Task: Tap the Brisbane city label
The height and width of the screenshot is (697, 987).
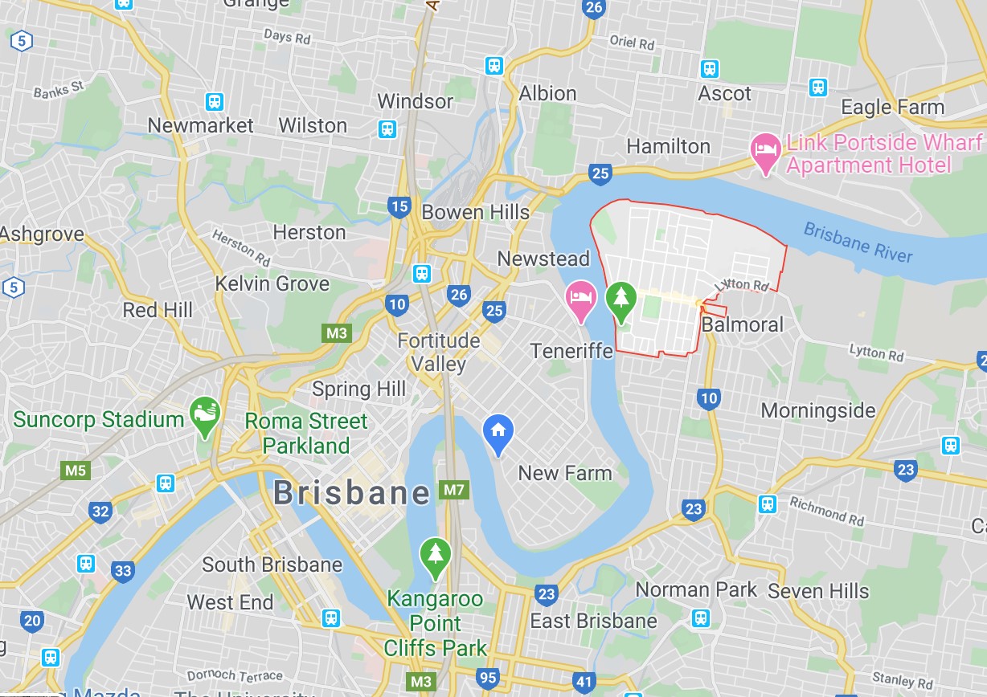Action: tap(352, 492)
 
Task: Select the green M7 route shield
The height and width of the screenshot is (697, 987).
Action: tap(453, 489)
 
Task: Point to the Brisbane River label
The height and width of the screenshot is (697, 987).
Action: tap(858, 242)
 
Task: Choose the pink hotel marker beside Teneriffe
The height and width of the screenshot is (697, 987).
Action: tap(580, 298)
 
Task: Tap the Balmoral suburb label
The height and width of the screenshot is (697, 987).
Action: tap(742, 324)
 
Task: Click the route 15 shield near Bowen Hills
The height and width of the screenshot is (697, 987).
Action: tap(399, 206)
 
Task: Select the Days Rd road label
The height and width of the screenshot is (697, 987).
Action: tap(287, 36)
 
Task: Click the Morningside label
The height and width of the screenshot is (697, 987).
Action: tap(818, 410)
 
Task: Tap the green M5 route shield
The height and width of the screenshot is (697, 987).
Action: tap(76, 470)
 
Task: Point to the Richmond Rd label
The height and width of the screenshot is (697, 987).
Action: tap(826, 511)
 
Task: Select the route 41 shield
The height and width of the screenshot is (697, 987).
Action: tap(584, 683)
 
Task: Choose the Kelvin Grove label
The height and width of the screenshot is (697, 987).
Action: tap(272, 283)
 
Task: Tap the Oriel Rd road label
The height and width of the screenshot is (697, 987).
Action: tap(632, 42)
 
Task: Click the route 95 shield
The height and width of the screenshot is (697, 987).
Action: tap(488, 678)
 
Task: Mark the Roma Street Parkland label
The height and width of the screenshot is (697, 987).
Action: tap(306, 433)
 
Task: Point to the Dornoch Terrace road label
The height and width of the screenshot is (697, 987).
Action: tap(235, 675)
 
